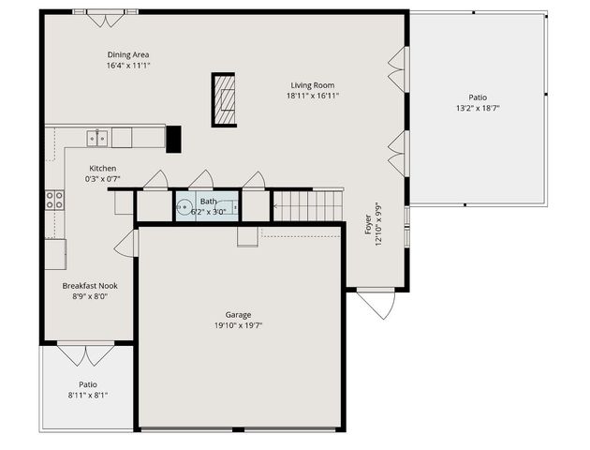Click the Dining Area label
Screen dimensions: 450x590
pos(128,54)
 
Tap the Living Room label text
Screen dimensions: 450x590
pos(312,84)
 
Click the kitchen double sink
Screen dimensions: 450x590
pos(97,139)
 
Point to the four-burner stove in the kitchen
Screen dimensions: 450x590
pos(54,199)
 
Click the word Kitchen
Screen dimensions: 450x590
pos(103,168)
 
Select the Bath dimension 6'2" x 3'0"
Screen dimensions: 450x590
pos(208,212)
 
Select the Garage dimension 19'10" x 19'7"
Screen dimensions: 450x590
pos(238,325)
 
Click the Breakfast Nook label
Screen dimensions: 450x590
pos(90,285)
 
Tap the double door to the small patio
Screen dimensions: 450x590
pos(85,355)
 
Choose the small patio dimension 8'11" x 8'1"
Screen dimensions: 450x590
pos(87,395)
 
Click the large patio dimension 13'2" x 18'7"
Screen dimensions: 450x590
pos(478,108)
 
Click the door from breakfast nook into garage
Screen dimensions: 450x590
pos(125,246)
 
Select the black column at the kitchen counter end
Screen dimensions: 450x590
pos(173,138)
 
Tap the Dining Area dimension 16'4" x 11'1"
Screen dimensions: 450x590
pos(128,66)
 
